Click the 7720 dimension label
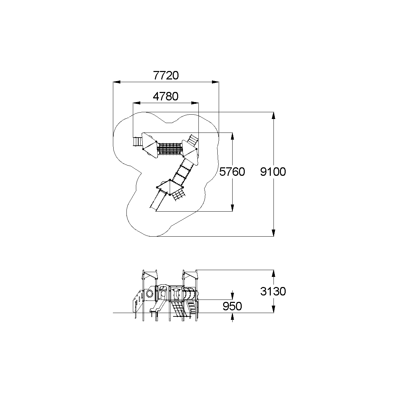(166, 75)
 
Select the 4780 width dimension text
(166, 96)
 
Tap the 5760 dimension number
(232, 172)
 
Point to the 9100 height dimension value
(273, 172)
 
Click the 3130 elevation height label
(273, 292)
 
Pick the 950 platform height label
(232, 306)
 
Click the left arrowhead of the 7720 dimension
(117, 82)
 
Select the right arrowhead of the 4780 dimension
(195, 103)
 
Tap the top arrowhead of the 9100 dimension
(273, 116)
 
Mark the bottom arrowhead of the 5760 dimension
(232, 208)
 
